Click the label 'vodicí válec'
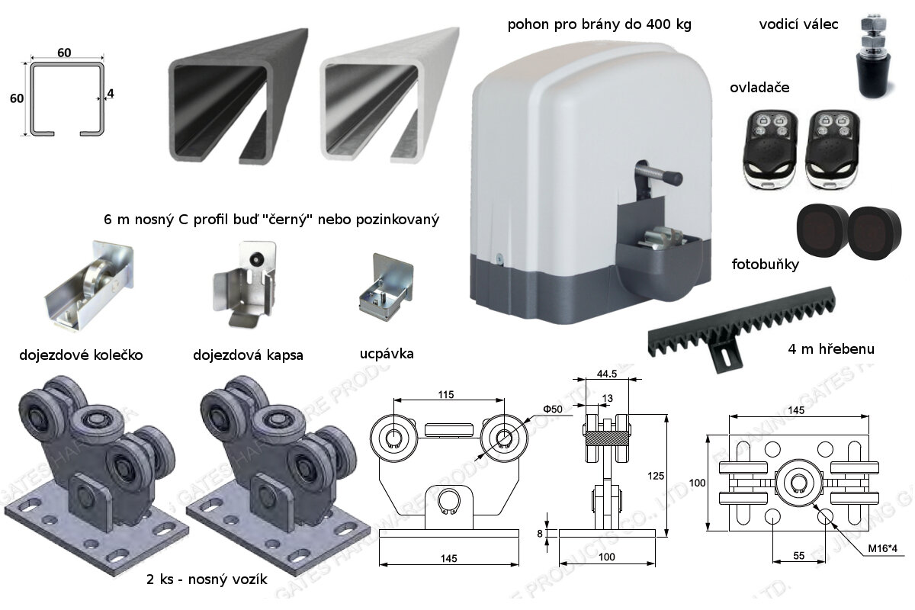point(798,24)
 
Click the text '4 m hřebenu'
point(830,350)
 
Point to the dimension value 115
point(447,394)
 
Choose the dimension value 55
point(798,556)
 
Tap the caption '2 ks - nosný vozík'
point(207,579)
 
